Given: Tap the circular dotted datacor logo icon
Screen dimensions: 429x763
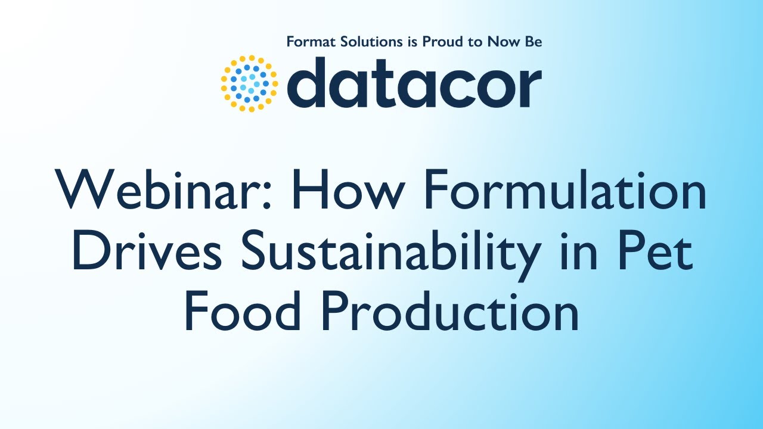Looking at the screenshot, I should point(249,84).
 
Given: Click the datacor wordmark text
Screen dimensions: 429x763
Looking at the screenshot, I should point(414,84).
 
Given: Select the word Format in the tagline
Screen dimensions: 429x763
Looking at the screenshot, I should point(308,42).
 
